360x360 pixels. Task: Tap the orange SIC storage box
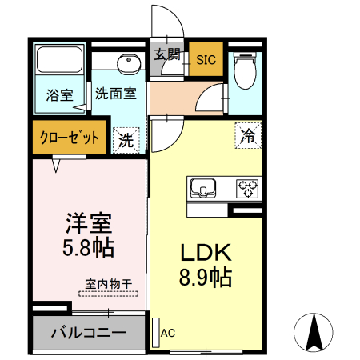point(206,59)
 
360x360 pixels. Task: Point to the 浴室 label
point(58,94)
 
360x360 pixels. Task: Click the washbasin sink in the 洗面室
point(126,64)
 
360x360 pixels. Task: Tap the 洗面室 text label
point(118,93)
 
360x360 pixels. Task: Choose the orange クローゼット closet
point(70,138)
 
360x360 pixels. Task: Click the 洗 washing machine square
point(126,140)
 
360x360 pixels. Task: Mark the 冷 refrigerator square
point(249,136)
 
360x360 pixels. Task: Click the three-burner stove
point(248,189)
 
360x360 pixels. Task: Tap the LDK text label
point(205,254)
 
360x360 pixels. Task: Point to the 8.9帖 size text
point(205,278)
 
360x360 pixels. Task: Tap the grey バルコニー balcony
point(88,332)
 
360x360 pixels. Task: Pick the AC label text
point(167,332)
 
